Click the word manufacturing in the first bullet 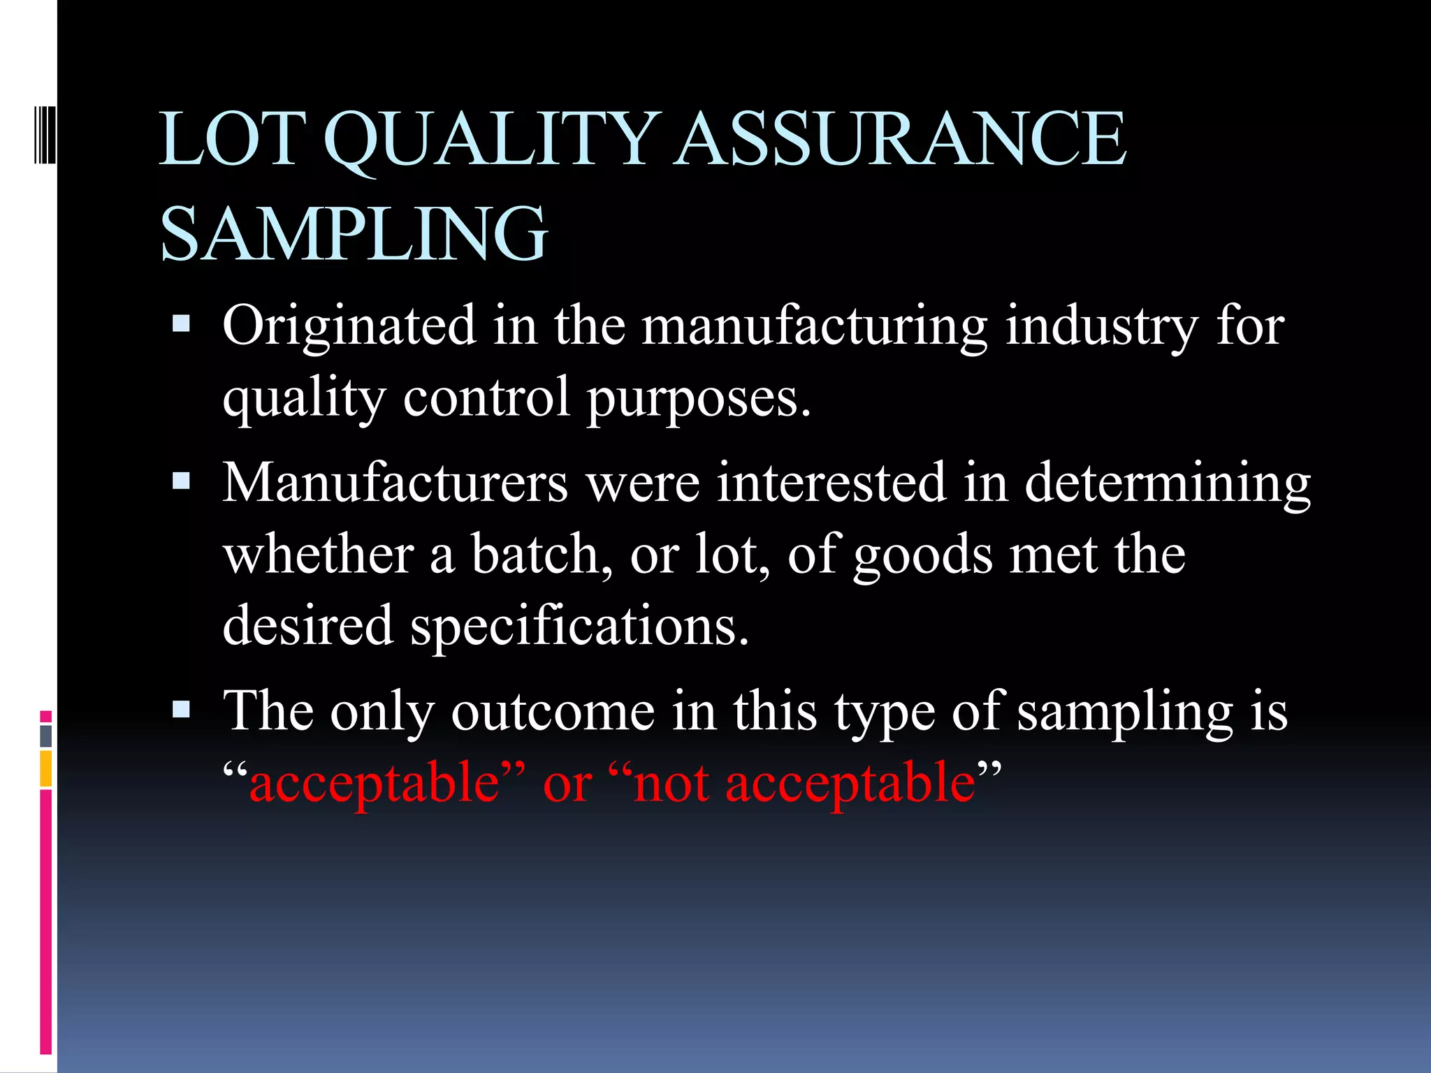tap(814, 326)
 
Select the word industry tap(1102, 326)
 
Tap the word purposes tap(699, 398)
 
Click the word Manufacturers tap(395, 483)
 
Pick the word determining tap(1168, 483)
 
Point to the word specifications tap(579, 626)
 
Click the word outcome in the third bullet tap(553, 712)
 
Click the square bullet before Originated tap(181, 323)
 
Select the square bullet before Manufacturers tap(181, 481)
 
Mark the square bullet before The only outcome tap(181, 710)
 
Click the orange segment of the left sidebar tap(46, 768)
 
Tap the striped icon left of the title tap(45, 132)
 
